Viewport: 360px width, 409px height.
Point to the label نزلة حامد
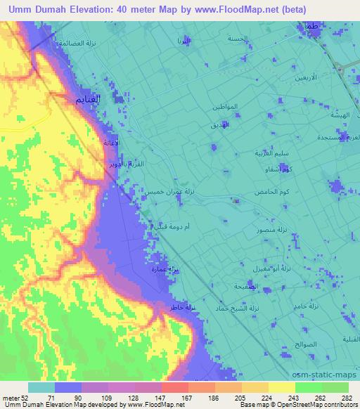(x=307, y=306)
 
